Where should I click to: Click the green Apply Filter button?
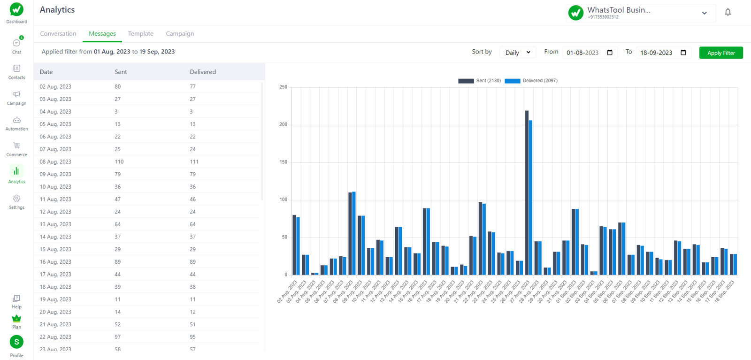coord(720,53)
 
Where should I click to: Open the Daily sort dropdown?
coord(517,53)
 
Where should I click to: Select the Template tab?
coord(141,34)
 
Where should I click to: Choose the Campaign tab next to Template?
coord(180,34)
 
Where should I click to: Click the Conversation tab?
coord(58,34)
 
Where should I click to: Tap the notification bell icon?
coord(728,12)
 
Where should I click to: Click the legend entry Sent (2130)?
coord(480,81)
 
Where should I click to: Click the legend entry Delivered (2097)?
coord(531,81)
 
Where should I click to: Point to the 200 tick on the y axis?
coord(283,125)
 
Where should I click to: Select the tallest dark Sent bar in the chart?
coord(527,192)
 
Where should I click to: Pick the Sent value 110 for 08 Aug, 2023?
coord(119,162)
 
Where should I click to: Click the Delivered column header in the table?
coord(203,72)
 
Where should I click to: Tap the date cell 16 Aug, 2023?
coord(55,262)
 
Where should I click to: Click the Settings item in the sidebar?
coord(16,202)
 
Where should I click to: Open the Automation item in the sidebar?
coord(16,123)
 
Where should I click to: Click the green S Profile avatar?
coord(16,342)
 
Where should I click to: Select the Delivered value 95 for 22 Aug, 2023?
coord(193,337)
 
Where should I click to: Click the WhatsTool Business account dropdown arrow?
coord(704,13)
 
